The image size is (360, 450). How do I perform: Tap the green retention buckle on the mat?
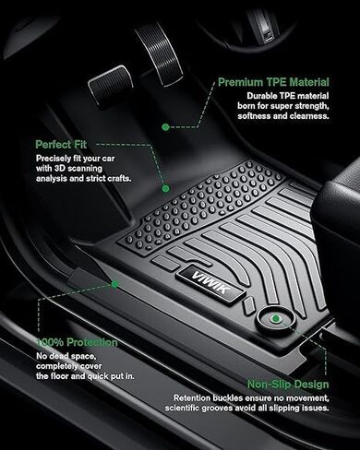tap(276, 319)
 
